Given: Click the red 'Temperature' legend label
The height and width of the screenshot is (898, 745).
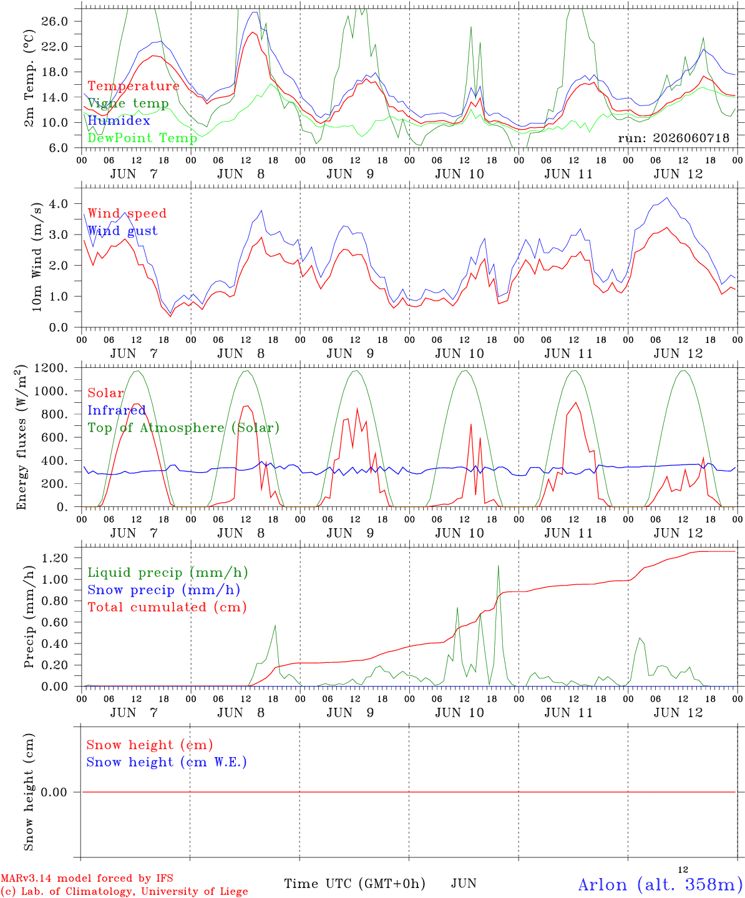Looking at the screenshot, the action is pos(134,86).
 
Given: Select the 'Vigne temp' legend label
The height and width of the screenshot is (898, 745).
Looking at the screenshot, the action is pos(129,104).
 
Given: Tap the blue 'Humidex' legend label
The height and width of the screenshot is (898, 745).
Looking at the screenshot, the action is pos(119,120).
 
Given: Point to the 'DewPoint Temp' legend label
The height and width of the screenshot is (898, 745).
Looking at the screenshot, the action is pos(142,138).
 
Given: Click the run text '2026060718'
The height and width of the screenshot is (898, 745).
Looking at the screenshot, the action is pos(691,138).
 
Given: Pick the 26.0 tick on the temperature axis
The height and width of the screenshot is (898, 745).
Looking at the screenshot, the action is pos(55,21).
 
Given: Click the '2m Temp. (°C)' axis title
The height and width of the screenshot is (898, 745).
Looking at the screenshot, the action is pos(29,79).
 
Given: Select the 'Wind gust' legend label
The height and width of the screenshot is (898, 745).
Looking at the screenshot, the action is pos(123,231).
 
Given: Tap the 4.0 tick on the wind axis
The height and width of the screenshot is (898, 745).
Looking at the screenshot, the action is pos(59,203).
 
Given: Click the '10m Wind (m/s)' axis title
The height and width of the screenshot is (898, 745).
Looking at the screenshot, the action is pos(37,257).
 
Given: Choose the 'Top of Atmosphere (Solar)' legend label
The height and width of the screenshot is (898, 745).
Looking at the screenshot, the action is pos(184,428).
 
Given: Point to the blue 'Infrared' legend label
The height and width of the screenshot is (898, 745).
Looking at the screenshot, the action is pos(117,410).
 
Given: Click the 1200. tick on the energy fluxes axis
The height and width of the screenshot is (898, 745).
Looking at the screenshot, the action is pos(51,368).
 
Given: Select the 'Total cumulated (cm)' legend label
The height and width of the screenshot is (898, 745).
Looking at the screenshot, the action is pos(167,607).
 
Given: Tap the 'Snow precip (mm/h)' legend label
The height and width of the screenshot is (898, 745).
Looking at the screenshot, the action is pos(163,590).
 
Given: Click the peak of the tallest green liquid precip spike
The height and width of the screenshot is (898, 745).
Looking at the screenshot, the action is pos(499,566).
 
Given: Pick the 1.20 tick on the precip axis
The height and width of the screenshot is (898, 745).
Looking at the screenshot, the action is pos(55,558).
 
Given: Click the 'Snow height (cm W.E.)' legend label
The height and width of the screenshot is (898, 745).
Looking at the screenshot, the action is pos(167,762).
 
